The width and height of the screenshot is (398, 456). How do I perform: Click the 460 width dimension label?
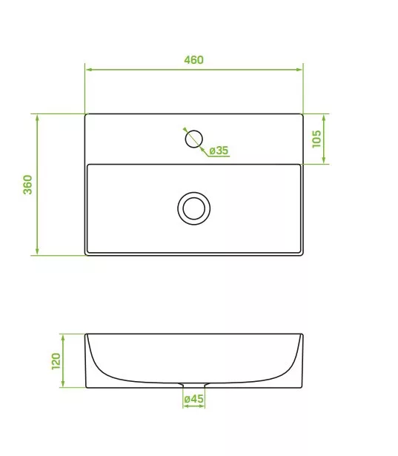[193, 60]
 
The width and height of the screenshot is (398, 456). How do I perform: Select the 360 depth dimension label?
[27, 185]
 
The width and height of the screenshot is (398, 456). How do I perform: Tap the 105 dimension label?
[316, 139]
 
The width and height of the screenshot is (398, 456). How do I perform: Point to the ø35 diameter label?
[219, 151]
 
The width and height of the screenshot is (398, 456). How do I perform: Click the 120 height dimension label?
[56, 362]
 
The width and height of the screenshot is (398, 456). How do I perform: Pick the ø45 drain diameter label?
[194, 399]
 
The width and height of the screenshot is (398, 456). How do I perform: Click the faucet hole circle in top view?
[194, 139]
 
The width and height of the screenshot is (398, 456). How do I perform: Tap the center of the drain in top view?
[194, 208]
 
